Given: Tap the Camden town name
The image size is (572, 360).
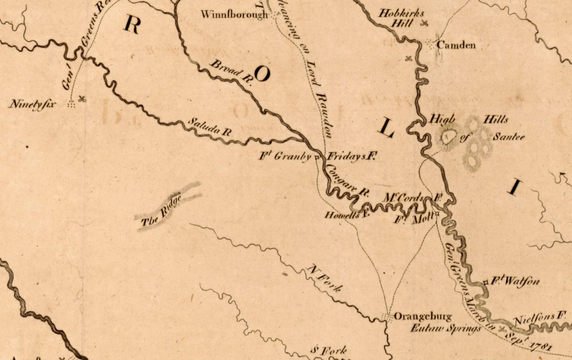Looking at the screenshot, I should [x=456, y=45].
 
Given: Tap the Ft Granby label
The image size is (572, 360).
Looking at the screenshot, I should [x=286, y=157].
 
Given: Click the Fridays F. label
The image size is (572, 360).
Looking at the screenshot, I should [x=352, y=157].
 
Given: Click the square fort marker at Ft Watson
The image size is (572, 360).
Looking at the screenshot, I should [x=485, y=282].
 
